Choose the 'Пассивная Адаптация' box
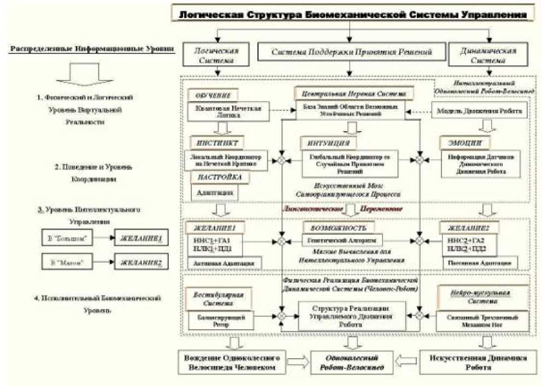(x=483, y=263)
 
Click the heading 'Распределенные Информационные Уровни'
(x=92, y=49)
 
